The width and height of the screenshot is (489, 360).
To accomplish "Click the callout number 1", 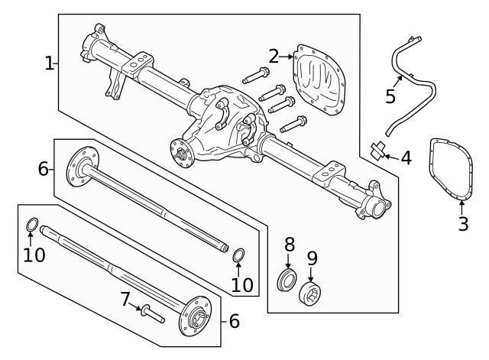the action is [x=49, y=63].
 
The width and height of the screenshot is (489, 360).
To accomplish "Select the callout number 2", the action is [x=274, y=57].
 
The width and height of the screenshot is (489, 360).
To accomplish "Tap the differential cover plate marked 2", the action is [x=319, y=80].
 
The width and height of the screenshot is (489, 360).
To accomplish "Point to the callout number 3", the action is [x=463, y=223].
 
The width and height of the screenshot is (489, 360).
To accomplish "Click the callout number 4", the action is [x=406, y=158].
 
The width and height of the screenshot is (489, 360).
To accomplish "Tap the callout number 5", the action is [x=390, y=96].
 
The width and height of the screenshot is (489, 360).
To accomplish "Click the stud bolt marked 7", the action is [x=153, y=314].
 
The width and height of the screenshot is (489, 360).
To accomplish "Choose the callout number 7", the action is [x=125, y=300].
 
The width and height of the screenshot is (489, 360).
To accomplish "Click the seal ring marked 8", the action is [x=287, y=280].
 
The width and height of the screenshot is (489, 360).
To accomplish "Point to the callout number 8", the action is [x=290, y=245].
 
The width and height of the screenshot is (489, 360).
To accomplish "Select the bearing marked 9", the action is [x=310, y=294].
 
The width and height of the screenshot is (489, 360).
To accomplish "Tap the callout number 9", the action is [x=313, y=258].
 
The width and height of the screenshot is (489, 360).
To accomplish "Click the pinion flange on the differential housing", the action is [x=180, y=151].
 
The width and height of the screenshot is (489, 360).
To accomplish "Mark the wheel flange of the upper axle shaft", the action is [x=83, y=167].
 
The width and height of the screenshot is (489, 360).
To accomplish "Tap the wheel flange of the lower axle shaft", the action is [x=196, y=316].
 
